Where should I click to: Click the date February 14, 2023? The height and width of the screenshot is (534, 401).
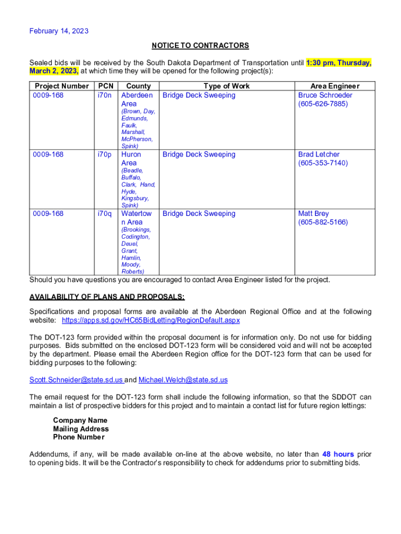(59, 31)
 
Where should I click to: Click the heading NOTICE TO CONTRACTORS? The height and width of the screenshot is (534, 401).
(200, 46)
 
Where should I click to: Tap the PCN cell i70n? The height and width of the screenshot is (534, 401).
(105, 95)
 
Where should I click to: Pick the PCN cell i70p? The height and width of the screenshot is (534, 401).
(105, 154)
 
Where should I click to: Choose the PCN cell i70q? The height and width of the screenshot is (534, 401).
(105, 213)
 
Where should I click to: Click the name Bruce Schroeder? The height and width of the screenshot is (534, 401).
(325, 95)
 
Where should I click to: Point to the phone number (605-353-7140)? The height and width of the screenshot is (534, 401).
(323, 163)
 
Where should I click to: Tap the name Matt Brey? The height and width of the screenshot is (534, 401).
(314, 213)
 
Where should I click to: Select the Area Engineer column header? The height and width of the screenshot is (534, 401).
(335, 86)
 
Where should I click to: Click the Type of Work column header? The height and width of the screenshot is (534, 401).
(227, 86)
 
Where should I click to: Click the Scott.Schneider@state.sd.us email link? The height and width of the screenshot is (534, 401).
(76, 380)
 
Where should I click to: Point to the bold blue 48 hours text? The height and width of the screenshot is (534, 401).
(338, 454)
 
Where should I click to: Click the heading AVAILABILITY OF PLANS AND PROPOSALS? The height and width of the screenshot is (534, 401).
(107, 297)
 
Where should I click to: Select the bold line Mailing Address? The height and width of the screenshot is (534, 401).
(81, 429)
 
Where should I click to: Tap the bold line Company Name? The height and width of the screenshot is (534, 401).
(80, 420)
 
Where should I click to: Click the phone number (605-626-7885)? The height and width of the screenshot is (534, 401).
(323, 104)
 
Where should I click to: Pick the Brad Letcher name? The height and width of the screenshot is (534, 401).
(319, 154)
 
